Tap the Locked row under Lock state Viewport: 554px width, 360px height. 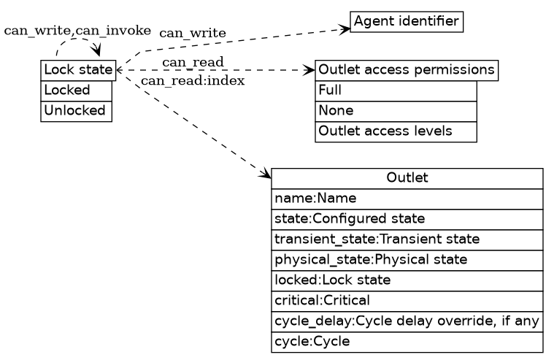77,91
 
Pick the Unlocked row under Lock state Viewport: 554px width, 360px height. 77,111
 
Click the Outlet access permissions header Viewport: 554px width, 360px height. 407,70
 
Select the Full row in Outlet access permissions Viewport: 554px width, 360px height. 396,91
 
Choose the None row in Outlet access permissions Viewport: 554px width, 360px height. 396,111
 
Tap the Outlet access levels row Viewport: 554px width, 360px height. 396,131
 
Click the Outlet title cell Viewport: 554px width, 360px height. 407,178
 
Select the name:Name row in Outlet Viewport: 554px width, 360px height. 407,199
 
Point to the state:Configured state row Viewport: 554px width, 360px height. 407,219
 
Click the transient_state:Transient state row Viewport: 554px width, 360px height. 407,240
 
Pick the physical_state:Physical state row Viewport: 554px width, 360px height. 407,260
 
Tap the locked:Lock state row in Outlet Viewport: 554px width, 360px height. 407,280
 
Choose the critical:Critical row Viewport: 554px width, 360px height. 407,301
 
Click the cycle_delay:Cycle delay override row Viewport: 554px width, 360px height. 407,321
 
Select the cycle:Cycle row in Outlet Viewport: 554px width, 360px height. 407,342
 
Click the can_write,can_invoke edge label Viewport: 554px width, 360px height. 77,31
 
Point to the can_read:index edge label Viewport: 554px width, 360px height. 193,80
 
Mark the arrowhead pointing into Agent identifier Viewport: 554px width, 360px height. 345,29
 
